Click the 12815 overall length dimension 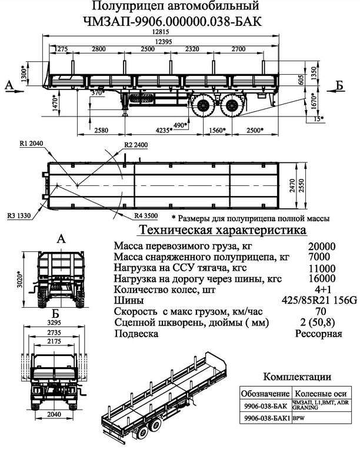[156, 32]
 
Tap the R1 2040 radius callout [29, 144]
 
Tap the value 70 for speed [321, 311]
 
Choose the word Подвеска [135, 334]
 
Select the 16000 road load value [321, 279]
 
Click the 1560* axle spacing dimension [218, 130]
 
